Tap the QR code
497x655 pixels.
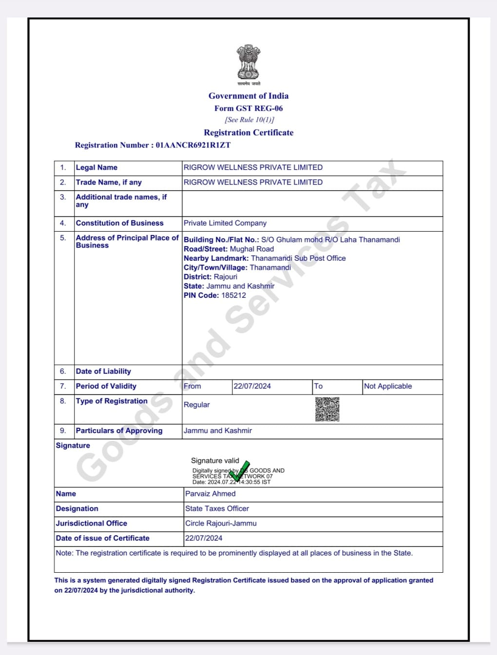tap(327, 409)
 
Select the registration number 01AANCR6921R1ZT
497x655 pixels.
tap(193, 145)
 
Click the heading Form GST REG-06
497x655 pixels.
tap(248, 109)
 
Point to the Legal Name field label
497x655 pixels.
tap(96, 167)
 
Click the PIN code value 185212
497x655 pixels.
tap(233, 295)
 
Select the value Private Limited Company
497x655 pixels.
tap(225, 223)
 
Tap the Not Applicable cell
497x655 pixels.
tap(388, 386)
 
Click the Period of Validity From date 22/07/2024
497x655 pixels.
tap(252, 386)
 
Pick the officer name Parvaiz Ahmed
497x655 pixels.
tap(210, 494)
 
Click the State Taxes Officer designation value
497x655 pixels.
tap(217, 509)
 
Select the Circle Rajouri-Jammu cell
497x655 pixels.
tap(221, 524)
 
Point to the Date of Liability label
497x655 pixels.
tap(103, 371)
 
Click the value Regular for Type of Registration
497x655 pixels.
tap(196, 405)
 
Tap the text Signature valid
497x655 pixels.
tap(215, 461)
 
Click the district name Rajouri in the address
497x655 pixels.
tap(225, 277)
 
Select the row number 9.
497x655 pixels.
tap(63, 431)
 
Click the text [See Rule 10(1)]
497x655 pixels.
tap(249, 120)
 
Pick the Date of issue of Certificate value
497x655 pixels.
tap(204, 538)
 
